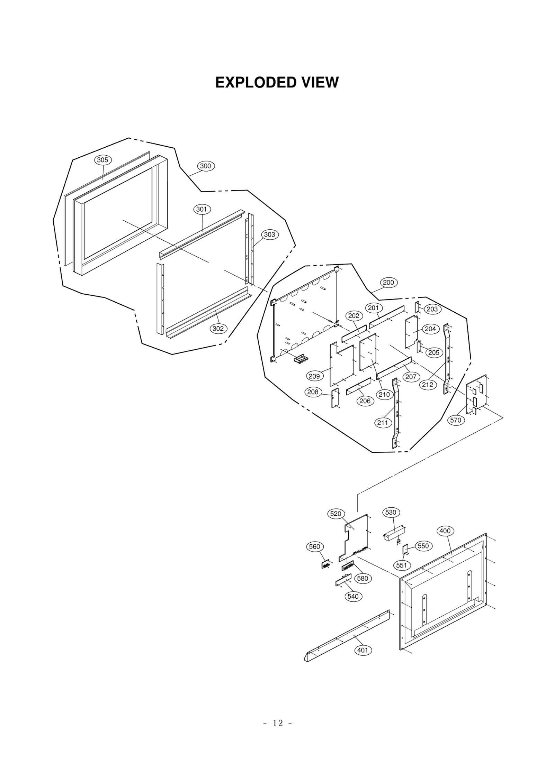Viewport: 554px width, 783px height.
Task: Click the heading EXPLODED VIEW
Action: point(277,83)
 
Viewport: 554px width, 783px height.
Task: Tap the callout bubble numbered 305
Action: point(102,160)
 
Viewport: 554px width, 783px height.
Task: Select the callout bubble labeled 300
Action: point(206,166)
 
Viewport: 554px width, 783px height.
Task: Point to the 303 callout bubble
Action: point(269,234)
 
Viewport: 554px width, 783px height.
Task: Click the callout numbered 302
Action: point(218,329)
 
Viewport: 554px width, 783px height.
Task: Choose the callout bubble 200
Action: point(388,283)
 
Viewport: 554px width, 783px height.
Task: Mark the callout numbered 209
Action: point(314,376)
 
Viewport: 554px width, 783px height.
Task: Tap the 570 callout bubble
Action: point(455,420)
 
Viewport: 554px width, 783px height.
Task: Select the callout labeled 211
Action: point(383,423)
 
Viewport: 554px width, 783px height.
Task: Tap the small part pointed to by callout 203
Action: point(417,307)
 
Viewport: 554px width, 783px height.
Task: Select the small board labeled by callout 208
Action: point(335,398)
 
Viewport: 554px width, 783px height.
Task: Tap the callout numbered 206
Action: point(365,401)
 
